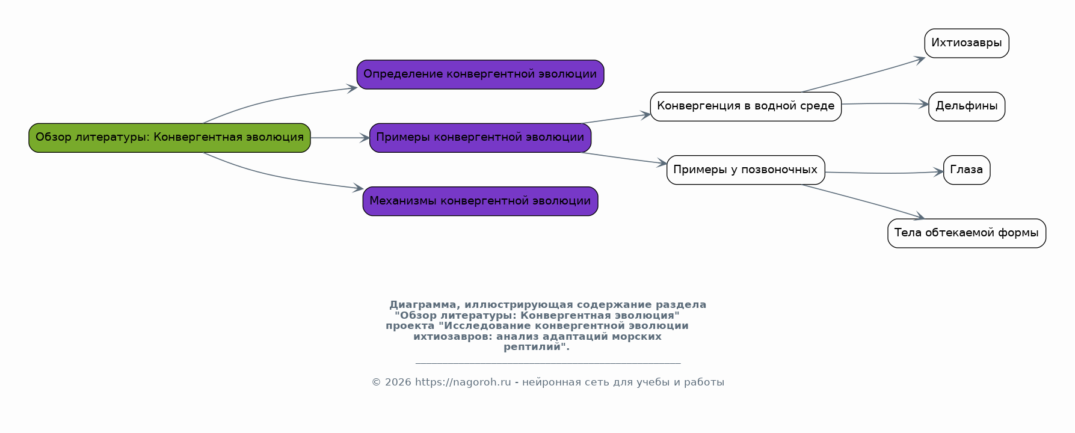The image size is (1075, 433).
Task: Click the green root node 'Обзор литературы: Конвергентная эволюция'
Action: pos(170,138)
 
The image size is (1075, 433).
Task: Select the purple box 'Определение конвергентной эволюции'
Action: pos(480,75)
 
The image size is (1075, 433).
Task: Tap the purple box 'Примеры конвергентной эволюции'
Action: pos(480,138)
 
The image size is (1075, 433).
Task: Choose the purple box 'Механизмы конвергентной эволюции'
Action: pos(480,201)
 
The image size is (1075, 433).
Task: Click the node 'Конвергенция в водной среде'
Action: pos(745,106)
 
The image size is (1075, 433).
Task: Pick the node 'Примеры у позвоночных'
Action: pos(745,170)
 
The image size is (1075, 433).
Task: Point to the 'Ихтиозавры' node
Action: pos(967,43)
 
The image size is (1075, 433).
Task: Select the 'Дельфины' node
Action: pos(967,106)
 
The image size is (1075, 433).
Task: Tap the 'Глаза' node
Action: pos(967,170)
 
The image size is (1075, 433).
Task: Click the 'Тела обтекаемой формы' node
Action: pos(967,233)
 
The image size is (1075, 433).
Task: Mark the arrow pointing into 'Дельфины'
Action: pos(885,103)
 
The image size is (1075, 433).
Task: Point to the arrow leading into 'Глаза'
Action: pos(884,173)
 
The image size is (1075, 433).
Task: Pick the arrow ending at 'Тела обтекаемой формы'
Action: pos(863,201)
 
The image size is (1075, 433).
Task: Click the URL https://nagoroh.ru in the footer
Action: pos(463,382)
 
